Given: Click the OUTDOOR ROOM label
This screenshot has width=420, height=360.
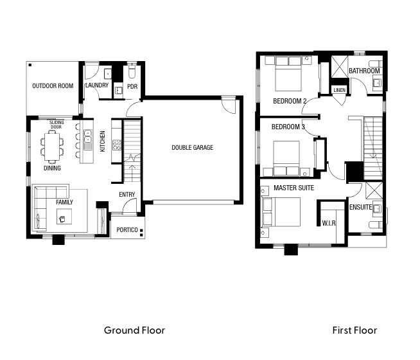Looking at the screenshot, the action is pos(53,85).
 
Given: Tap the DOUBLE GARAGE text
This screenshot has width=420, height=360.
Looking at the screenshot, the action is pos(192,147).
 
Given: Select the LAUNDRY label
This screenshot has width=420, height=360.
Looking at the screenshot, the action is pos(97,85).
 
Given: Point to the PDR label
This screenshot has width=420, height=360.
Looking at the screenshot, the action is pos(132,87).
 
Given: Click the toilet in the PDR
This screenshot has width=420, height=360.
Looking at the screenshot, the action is pos(132,71).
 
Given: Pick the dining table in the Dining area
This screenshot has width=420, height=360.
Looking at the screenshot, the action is pos(52,147).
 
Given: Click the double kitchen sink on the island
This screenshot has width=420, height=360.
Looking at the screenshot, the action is pos(87,136).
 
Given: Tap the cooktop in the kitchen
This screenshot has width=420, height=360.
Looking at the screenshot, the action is pos(117,145).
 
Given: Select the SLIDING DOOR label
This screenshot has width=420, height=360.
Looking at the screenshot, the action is pos(57,125).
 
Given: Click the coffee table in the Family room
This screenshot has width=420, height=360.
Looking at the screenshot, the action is pos(64,217).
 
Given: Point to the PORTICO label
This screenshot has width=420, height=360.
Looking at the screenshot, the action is pos(127,230).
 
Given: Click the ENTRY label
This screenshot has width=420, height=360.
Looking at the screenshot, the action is pos(127,195).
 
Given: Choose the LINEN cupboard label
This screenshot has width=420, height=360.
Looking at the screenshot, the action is pos(339,90).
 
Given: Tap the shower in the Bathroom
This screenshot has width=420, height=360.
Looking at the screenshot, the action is pos(339,66).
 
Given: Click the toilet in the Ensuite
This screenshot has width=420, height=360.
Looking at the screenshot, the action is pos(376,225).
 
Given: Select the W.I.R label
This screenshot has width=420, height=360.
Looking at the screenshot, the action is pos(329,223).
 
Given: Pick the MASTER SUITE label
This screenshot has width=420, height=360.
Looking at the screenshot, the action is pos(294,188).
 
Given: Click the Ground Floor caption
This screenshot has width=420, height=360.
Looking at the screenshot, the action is pos(134,330).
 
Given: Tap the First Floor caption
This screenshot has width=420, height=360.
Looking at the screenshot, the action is pos(354,330).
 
